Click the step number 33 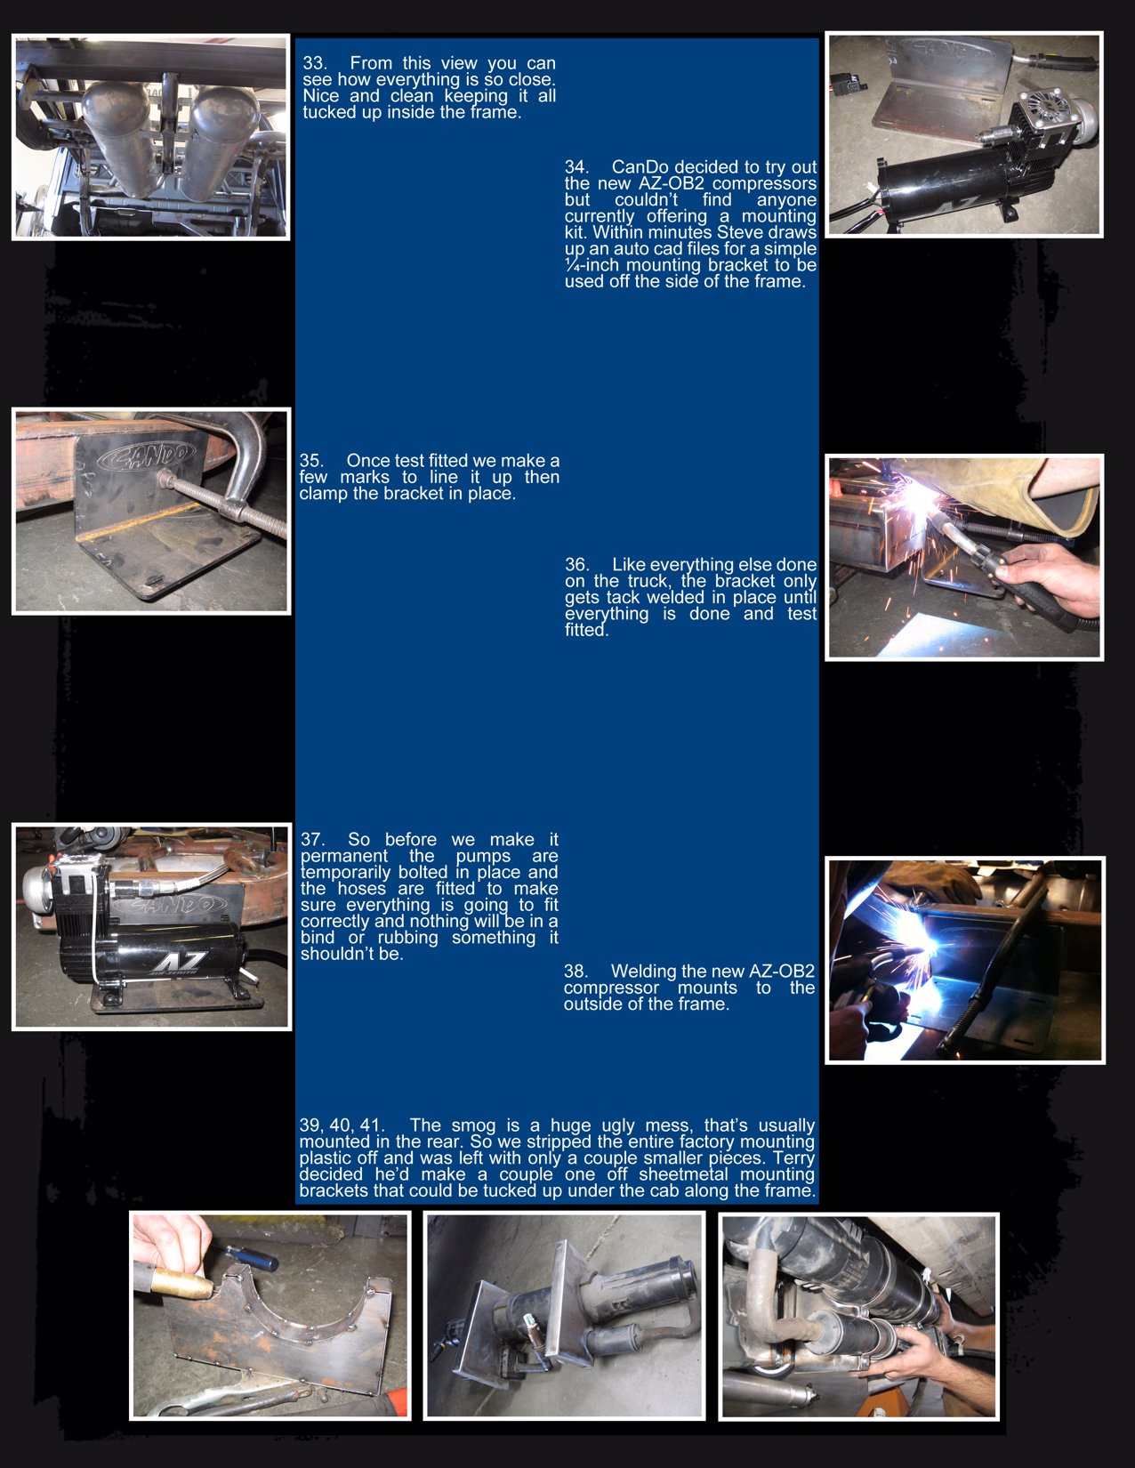coord(314,63)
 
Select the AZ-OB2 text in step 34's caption coord(672,184)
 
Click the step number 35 coord(310,461)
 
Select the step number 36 coord(576,565)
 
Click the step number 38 coord(575,972)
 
